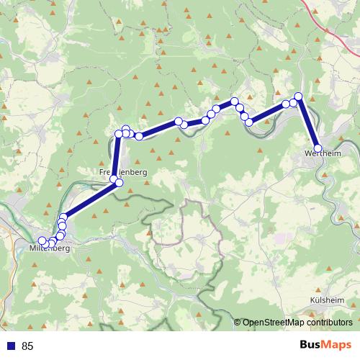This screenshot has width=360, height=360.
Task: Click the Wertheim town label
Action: tap(322, 154)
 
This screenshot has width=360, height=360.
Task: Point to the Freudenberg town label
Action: tap(122, 173)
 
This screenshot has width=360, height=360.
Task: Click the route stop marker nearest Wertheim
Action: tap(318, 148)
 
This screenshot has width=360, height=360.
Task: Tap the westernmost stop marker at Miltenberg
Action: tap(42, 240)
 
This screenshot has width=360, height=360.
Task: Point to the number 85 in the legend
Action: tap(28, 346)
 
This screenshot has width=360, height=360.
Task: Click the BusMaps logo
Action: tap(325, 346)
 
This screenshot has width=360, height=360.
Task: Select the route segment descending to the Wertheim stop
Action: tap(309, 122)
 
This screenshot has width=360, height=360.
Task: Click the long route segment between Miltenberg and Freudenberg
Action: tap(88, 201)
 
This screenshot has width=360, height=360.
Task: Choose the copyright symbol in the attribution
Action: tap(238, 323)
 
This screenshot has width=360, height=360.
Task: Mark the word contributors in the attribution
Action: tap(328, 323)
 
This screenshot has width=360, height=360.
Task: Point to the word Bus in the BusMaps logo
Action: tap(310, 346)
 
